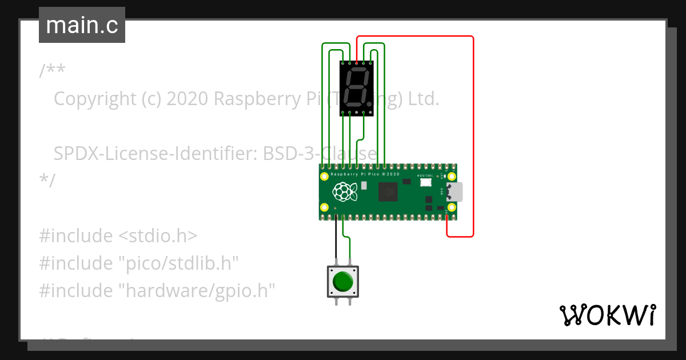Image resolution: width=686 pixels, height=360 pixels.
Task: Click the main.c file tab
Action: coord(82,25)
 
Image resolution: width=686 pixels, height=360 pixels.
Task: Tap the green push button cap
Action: coord(342,281)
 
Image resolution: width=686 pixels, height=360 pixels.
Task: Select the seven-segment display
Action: coord(357,88)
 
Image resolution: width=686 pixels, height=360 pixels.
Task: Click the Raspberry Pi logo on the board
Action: coord(345,191)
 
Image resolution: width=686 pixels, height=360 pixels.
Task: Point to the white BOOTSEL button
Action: coord(425,182)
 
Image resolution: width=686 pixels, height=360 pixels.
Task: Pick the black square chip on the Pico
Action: coord(388,191)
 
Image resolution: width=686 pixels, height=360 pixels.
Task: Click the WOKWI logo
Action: coord(607,315)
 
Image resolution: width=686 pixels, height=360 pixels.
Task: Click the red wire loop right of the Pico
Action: coord(473,137)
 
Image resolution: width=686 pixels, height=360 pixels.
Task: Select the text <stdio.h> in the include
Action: coord(158,235)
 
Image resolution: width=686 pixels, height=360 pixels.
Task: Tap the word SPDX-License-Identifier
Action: coord(155,154)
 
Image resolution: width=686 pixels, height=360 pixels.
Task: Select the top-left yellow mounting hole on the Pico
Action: coord(325,176)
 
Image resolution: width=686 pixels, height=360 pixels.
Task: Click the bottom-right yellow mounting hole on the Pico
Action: coord(452,207)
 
